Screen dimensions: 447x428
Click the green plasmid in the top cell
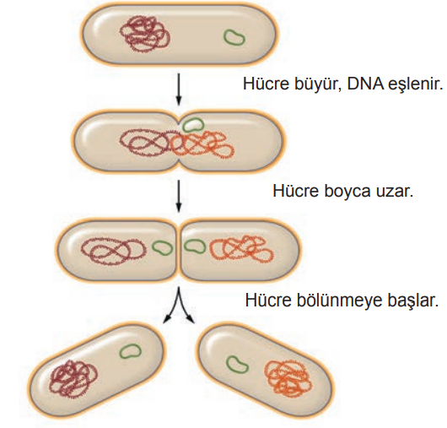click(x=224, y=36)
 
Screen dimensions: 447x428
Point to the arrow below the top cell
click(x=179, y=89)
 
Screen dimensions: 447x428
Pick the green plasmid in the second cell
click(x=183, y=125)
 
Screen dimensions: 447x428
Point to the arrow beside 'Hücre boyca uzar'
click(x=179, y=196)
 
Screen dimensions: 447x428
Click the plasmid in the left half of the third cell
click(x=154, y=247)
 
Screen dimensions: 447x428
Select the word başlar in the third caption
click(x=412, y=301)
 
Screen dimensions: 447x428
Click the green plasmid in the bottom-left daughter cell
click(x=121, y=353)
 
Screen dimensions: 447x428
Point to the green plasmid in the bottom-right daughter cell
click(x=228, y=362)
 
